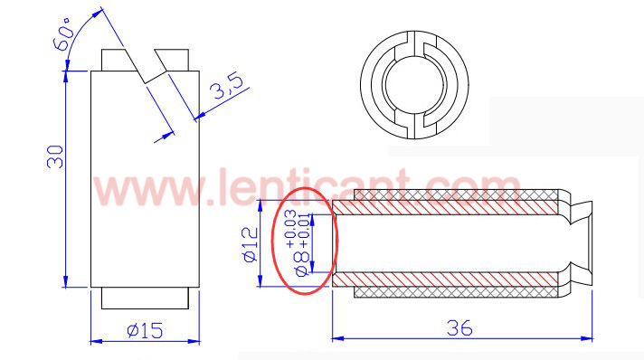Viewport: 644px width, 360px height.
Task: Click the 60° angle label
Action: pyautogui.click(x=62, y=33)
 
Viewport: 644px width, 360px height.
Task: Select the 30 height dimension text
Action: pyautogui.click(x=55, y=156)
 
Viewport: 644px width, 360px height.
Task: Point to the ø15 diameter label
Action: pyautogui.click(x=145, y=330)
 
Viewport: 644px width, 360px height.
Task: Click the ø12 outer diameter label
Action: pyautogui.click(x=251, y=244)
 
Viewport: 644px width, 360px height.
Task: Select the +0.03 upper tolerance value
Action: pyautogui.click(x=290, y=229)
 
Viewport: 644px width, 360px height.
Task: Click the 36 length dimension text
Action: pyautogui.click(x=459, y=328)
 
